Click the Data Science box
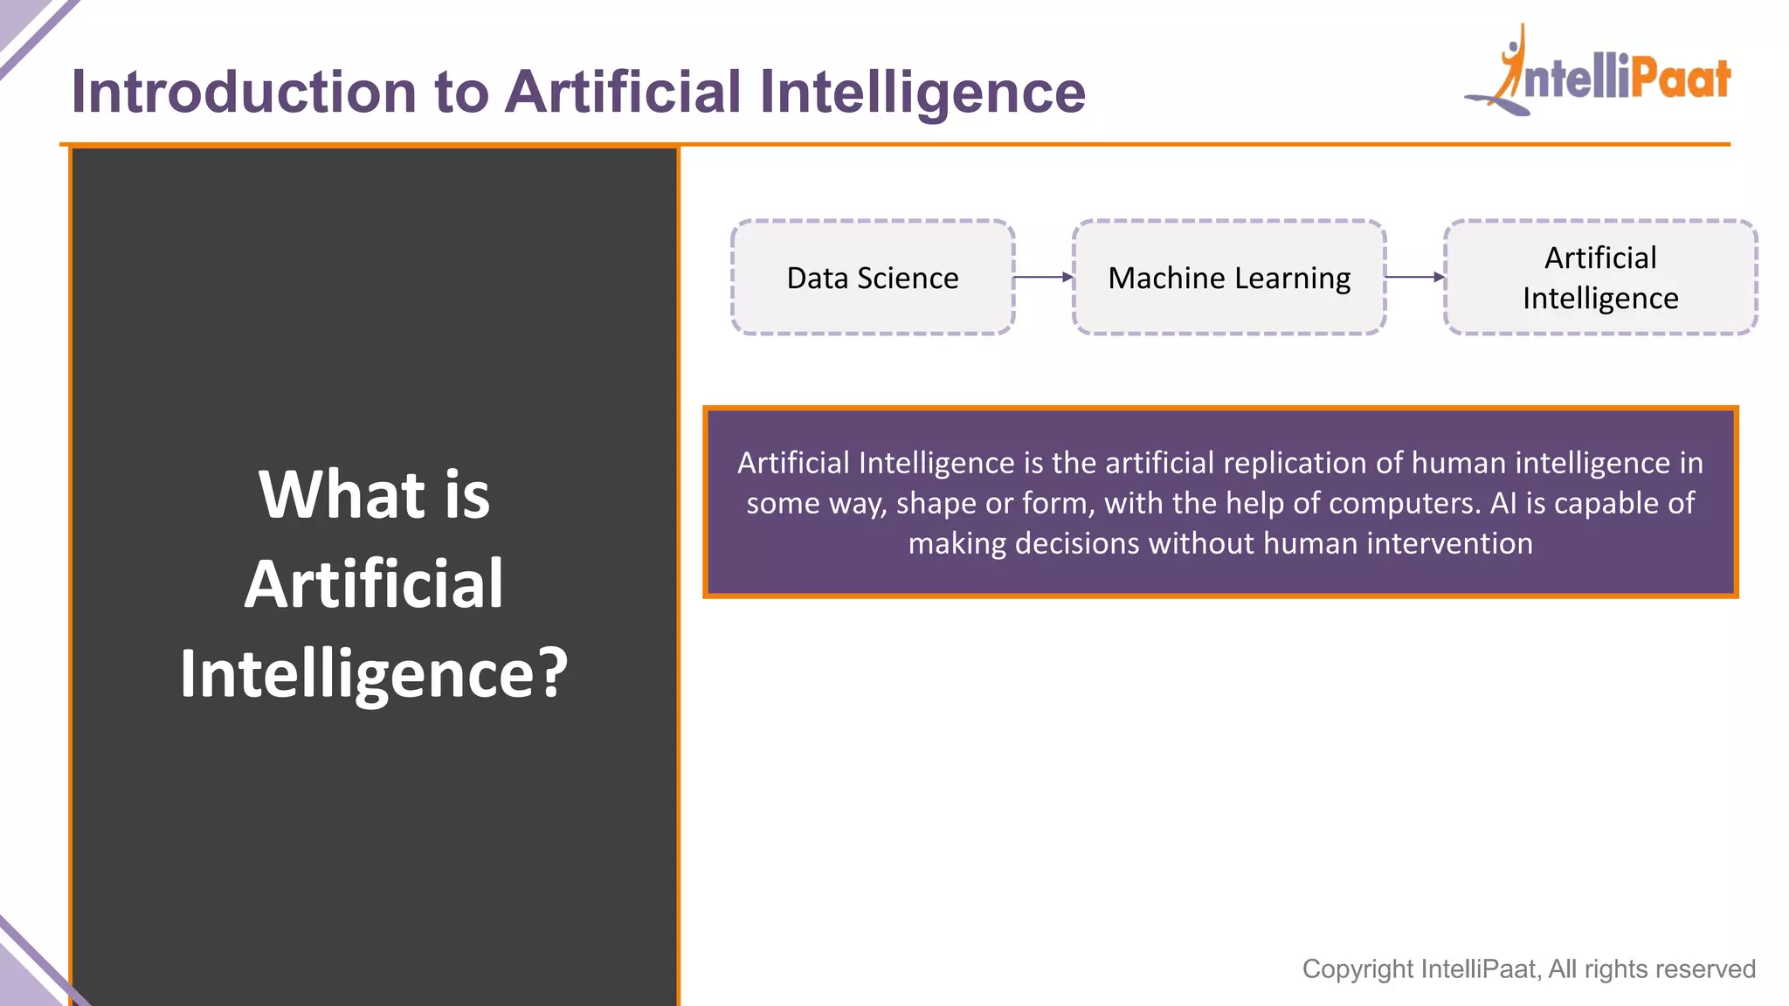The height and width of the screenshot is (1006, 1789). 872,278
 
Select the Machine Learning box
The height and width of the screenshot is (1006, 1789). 1229,278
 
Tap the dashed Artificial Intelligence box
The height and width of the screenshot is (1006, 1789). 1599,278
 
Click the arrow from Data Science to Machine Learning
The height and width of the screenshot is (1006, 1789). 1043,277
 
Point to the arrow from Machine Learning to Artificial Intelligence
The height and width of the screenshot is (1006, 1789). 1414,277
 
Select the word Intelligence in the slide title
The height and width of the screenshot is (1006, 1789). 922,92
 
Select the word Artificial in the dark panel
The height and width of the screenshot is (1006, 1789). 374,584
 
